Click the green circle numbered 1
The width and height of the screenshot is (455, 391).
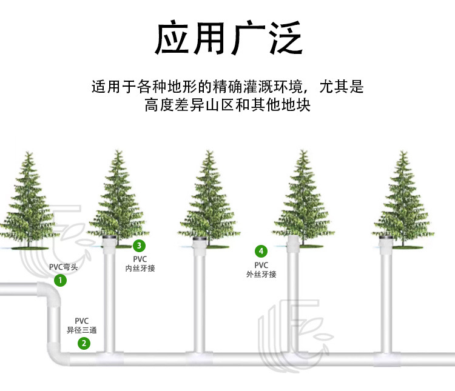(x=60, y=280)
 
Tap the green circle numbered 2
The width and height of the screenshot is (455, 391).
(x=84, y=344)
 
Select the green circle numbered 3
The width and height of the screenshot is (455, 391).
(x=140, y=246)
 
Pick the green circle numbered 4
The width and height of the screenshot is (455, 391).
(x=261, y=251)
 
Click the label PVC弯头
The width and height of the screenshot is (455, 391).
(x=63, y=267)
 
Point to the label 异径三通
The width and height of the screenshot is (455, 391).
(x=82, y=330)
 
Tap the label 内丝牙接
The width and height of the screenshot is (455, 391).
(x=140, y=268)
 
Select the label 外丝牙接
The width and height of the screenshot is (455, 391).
(x=261, y=274)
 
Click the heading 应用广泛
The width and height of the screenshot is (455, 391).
(x=227, y=39)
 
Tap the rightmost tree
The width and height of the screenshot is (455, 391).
(x=403, y=197)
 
